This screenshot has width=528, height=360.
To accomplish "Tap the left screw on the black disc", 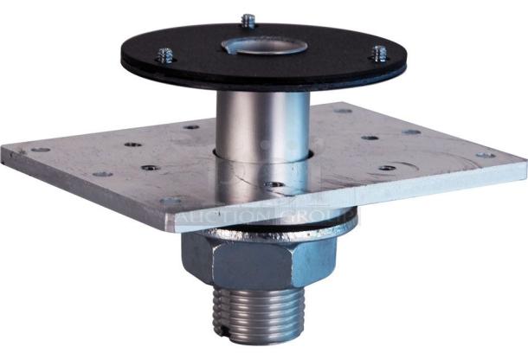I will (x=165, y=56).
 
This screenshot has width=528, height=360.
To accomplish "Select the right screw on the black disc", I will (x=378, y=54).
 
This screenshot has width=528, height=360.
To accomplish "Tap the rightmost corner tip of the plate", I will (x=525, y=164).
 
